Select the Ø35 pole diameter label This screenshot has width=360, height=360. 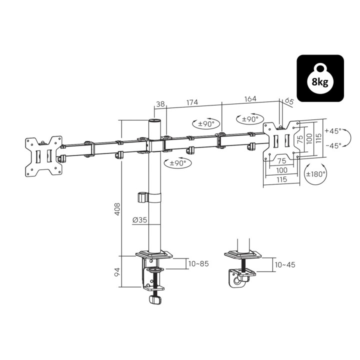[140, 219]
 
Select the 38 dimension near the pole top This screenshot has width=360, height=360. [160, 104]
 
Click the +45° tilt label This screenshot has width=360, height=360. [332, 131]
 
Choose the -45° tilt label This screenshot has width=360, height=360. [332, 145]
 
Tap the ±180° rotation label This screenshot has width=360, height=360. [315, 174]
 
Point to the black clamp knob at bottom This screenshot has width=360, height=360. [155, 299]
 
